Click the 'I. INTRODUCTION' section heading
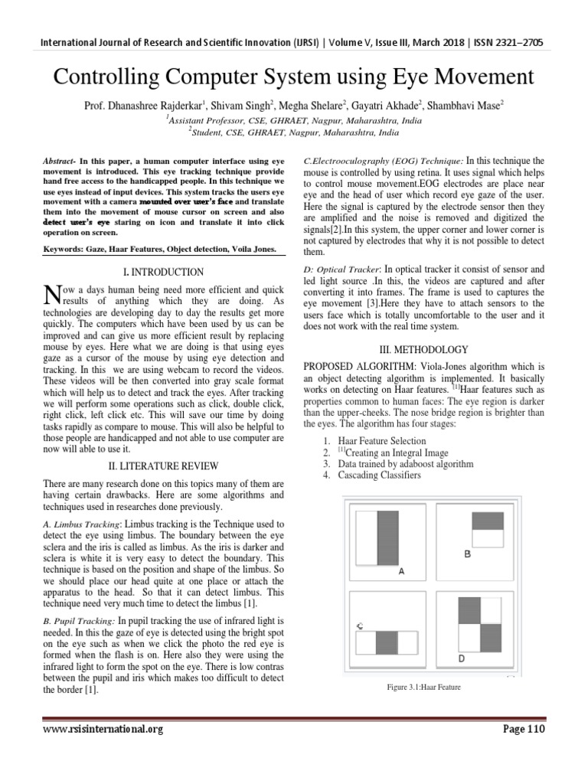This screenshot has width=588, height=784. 163,272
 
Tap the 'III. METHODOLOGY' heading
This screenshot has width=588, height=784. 424,348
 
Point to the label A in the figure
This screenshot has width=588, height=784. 401,571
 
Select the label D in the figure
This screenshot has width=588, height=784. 461,658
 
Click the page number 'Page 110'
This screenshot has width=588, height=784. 523,730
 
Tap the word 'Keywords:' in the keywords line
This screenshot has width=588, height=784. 63,249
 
